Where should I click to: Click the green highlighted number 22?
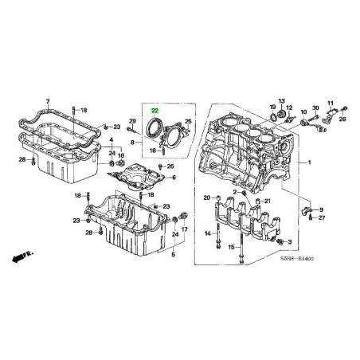[x=155, y=112]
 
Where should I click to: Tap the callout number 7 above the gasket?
[x=48, y=103]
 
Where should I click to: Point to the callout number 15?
[x=232, y=248]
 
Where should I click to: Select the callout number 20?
[x=205, y=197]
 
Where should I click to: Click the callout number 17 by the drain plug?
[x=184, y=229]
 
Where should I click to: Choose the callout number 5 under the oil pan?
[x=173, y=254]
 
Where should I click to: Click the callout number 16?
[x=121, y=156]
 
